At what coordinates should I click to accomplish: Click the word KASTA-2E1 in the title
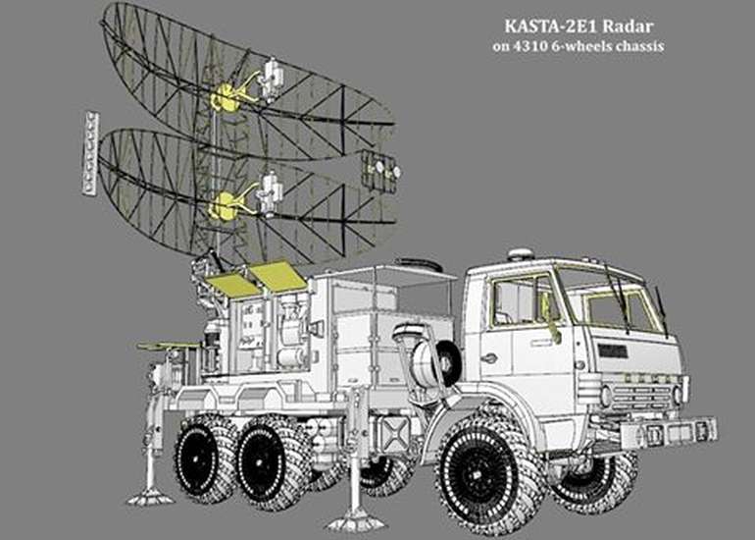551,27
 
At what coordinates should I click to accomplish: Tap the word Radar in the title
628,27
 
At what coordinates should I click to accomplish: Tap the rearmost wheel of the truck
206,459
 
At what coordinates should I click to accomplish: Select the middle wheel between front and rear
271,462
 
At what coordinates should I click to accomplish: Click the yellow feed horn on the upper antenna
224,97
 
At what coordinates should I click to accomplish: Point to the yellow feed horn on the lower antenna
223,206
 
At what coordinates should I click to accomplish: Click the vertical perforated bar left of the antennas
90,153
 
